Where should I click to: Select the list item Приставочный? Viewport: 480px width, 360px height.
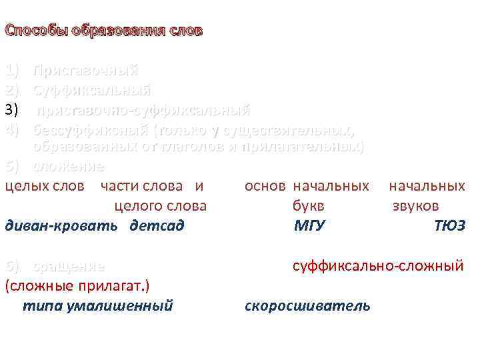(85, 71)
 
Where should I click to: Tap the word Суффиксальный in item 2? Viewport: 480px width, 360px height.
(92, 90)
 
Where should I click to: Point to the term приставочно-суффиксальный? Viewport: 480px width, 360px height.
(143, 109)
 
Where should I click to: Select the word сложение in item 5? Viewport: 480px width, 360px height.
(69, 165)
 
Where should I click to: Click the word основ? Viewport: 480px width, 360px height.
(265, 186)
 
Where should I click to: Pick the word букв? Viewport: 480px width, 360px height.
(309, 206)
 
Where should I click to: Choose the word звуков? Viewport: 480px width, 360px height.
(415, 206)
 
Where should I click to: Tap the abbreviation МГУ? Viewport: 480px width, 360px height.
(309, 226)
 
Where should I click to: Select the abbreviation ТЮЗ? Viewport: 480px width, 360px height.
(449, 226)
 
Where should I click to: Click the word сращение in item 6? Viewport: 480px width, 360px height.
(69, 267)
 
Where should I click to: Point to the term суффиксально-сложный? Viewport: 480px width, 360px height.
(378, 267)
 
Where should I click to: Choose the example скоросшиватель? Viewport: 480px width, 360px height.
(307, 306)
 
